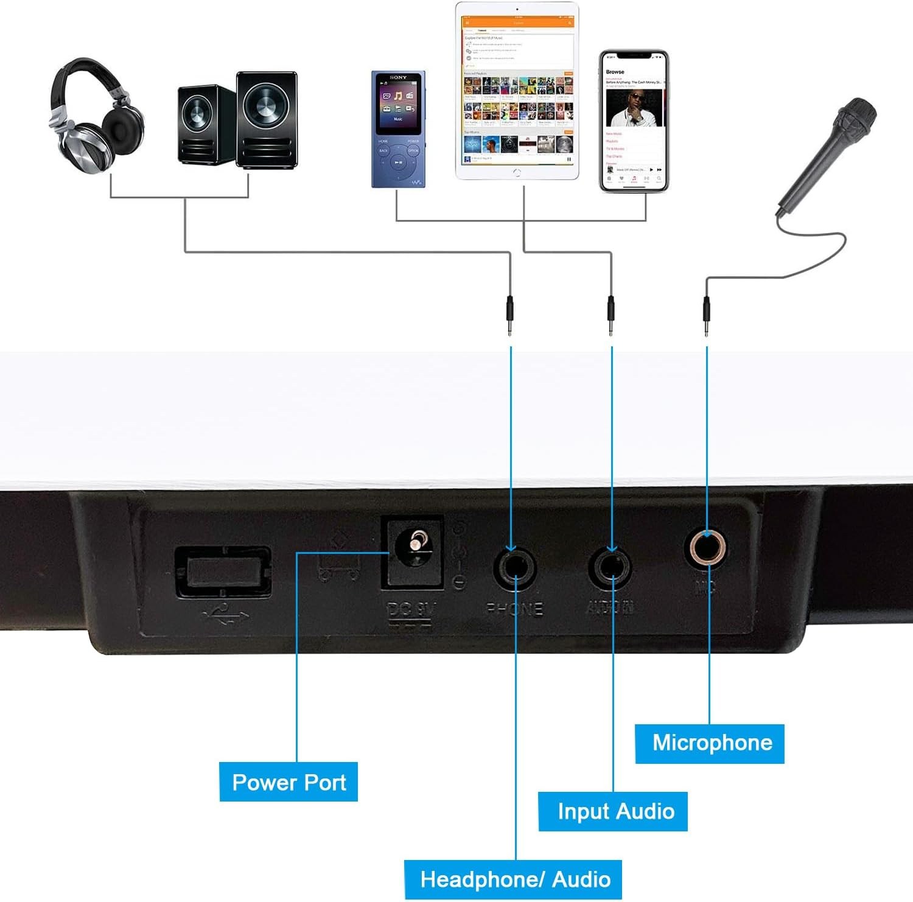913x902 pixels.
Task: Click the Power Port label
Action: coord(289,782)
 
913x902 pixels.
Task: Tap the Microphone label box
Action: coord(710,743)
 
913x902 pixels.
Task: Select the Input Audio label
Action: coord(613,811)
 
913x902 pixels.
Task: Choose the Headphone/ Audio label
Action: coord(513,879)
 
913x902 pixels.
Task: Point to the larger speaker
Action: coord(267,120)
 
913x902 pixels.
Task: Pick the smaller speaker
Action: coord(198,125)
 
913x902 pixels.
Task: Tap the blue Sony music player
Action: coord(399,129)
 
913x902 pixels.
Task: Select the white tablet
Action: coord(517,91)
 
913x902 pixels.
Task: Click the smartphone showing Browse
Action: coord(634,122)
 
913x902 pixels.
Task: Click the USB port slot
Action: coord(223,572)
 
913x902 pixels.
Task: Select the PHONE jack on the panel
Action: coord(514,568)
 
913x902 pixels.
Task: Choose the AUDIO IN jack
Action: coord(610,568)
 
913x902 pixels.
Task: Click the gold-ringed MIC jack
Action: coord(706,548)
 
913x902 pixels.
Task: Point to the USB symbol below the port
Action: coord(225,613)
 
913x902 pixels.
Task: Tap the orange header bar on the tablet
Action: coord(517,23)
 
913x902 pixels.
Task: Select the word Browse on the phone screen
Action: coord(615,72)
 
